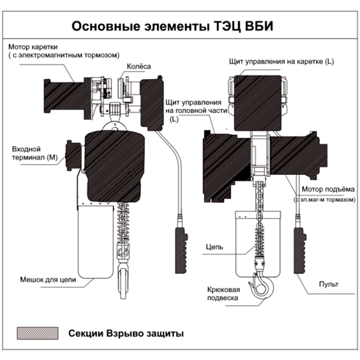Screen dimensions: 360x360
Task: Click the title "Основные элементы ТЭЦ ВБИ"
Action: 179,25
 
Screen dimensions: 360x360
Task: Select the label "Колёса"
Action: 136,66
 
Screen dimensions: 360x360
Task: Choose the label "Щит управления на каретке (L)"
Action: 282,62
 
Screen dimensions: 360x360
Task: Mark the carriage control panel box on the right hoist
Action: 257,103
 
